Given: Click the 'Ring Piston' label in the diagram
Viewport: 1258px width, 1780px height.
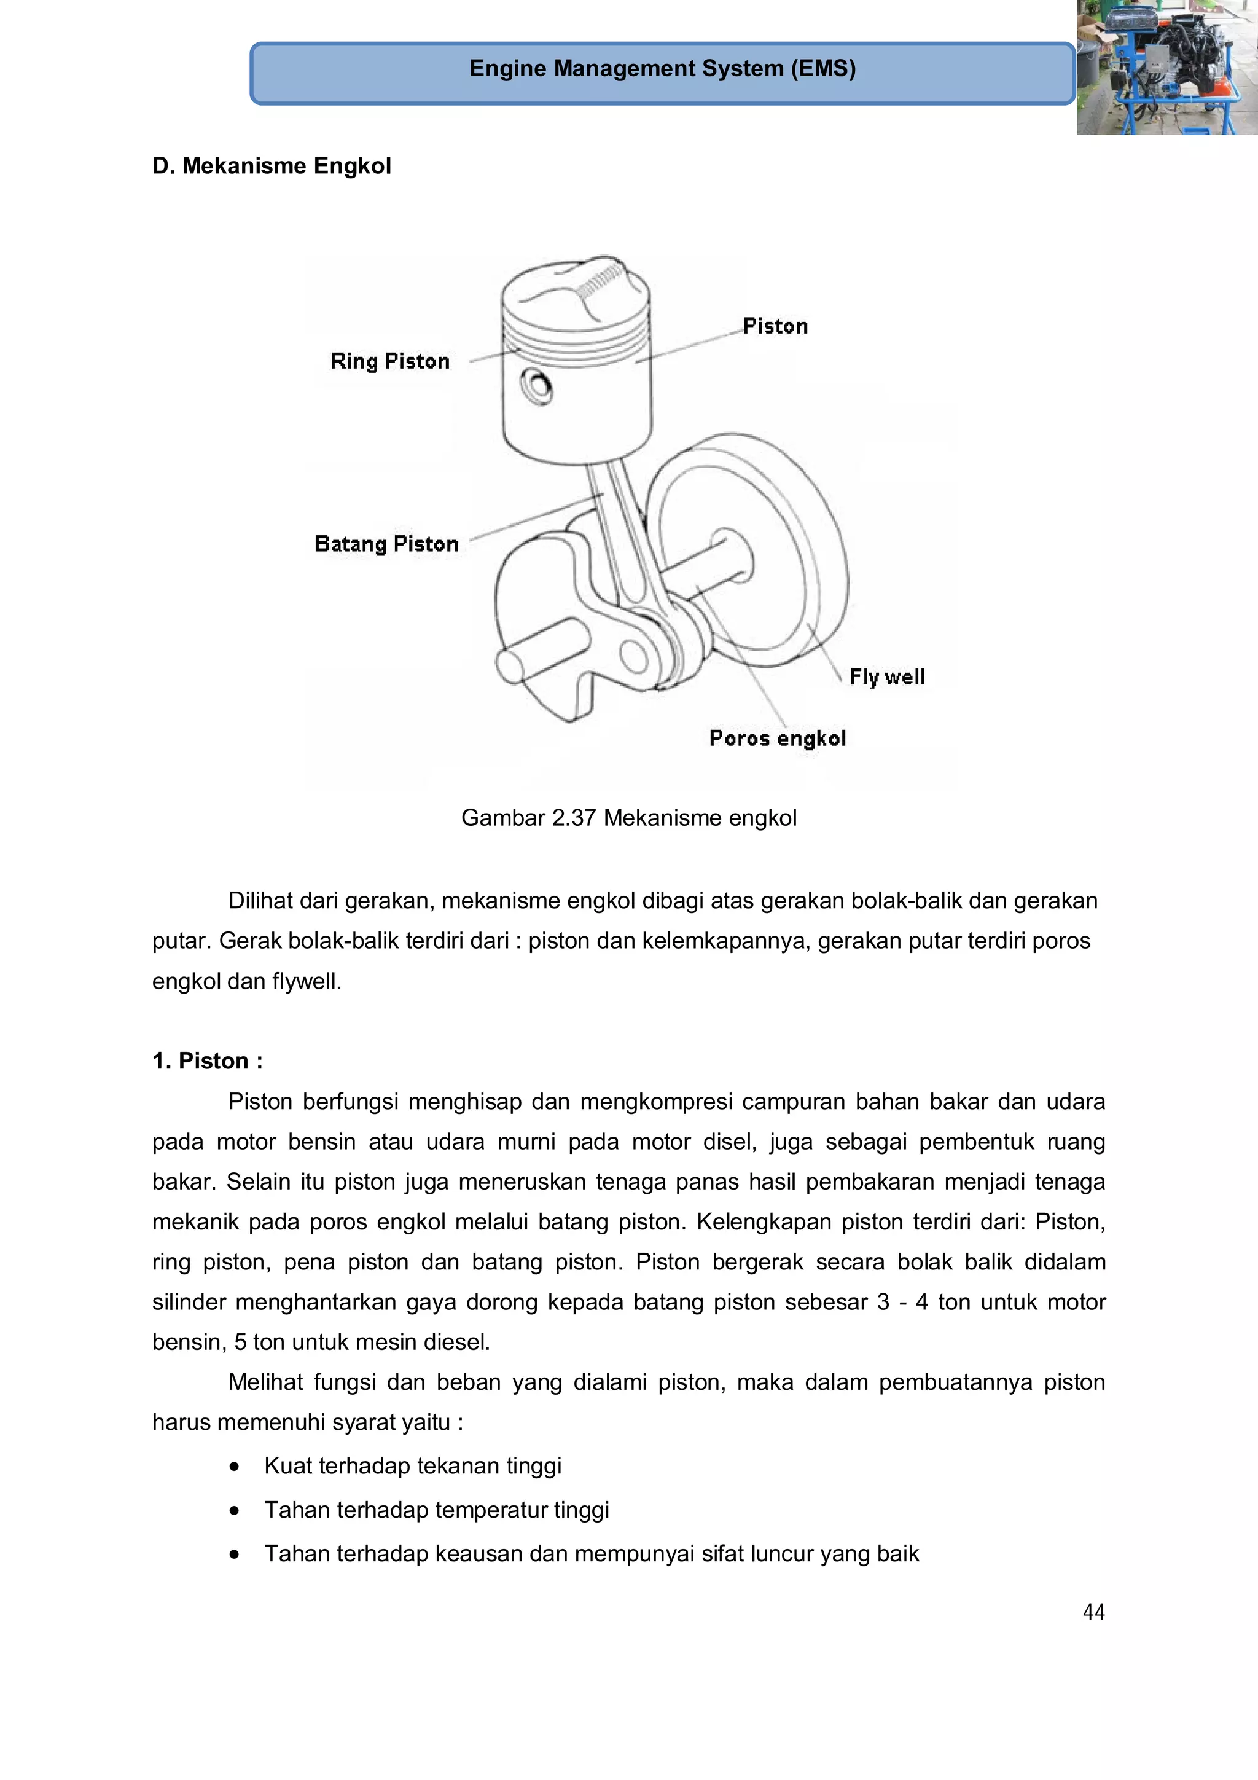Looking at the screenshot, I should (x=390, y=361).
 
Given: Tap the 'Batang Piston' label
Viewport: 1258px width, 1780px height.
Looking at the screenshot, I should (x=386, y=544).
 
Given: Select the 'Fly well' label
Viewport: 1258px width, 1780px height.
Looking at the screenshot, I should (x=887, y=677).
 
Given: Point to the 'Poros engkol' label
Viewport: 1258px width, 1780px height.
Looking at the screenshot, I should (x=778, y=738).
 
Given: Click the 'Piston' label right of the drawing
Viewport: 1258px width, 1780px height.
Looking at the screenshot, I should (x=775, y=326).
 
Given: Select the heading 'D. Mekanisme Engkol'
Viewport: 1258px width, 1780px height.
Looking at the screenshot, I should (x=272, y=166).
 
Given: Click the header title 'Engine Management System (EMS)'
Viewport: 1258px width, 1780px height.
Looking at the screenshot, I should (x=662, y=69).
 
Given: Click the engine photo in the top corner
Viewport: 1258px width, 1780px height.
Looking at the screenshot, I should (x=1166, y=68).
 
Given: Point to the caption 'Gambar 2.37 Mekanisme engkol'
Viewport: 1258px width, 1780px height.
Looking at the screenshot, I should (x=628, y=818).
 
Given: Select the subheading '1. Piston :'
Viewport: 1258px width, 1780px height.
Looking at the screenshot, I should (x=207, y=1061).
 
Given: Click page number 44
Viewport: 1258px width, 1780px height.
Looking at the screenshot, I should (x=1093, y=1612).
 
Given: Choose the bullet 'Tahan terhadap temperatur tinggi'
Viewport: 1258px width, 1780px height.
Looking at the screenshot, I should (x=436, y=1510).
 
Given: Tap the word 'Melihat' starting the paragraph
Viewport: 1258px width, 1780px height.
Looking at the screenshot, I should (x=265, y=1382).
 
